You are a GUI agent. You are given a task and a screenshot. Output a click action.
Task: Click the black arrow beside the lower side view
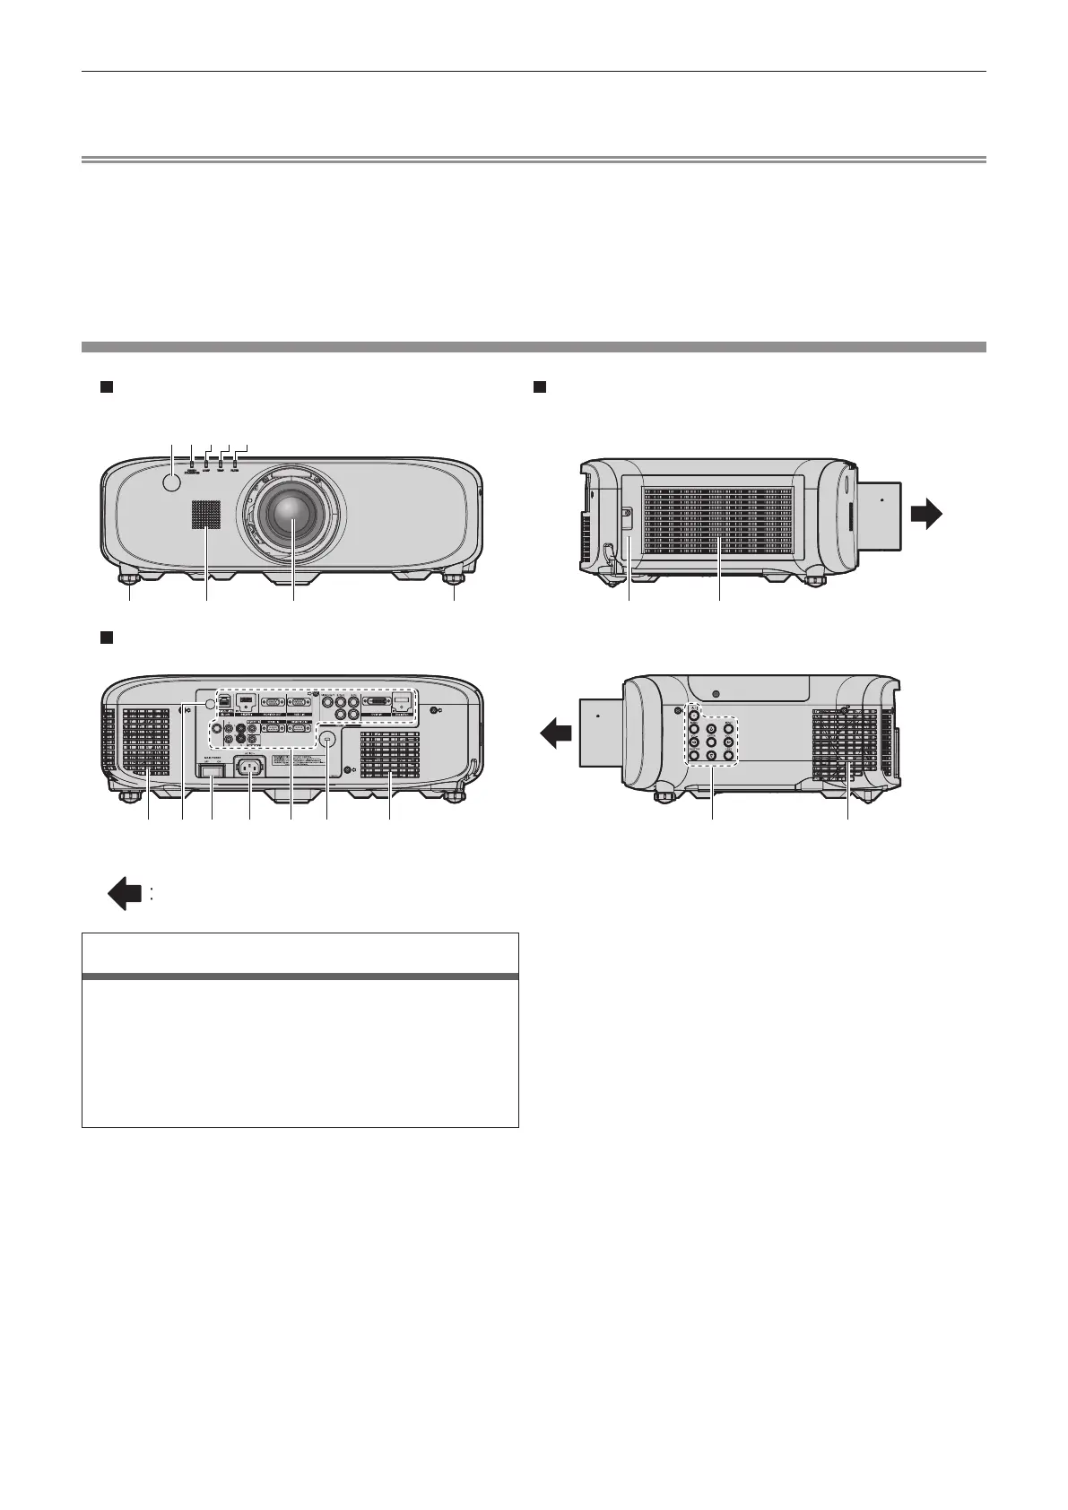[x=555, y=735]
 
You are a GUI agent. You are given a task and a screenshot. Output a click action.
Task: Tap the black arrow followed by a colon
[x=125, y=894]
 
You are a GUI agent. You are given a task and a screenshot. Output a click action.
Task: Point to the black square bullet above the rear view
[x=105, y=637]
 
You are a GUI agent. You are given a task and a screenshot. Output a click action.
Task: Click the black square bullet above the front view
[x=105, y=386]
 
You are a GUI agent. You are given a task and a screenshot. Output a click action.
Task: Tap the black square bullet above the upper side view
[x=540, y=386]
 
